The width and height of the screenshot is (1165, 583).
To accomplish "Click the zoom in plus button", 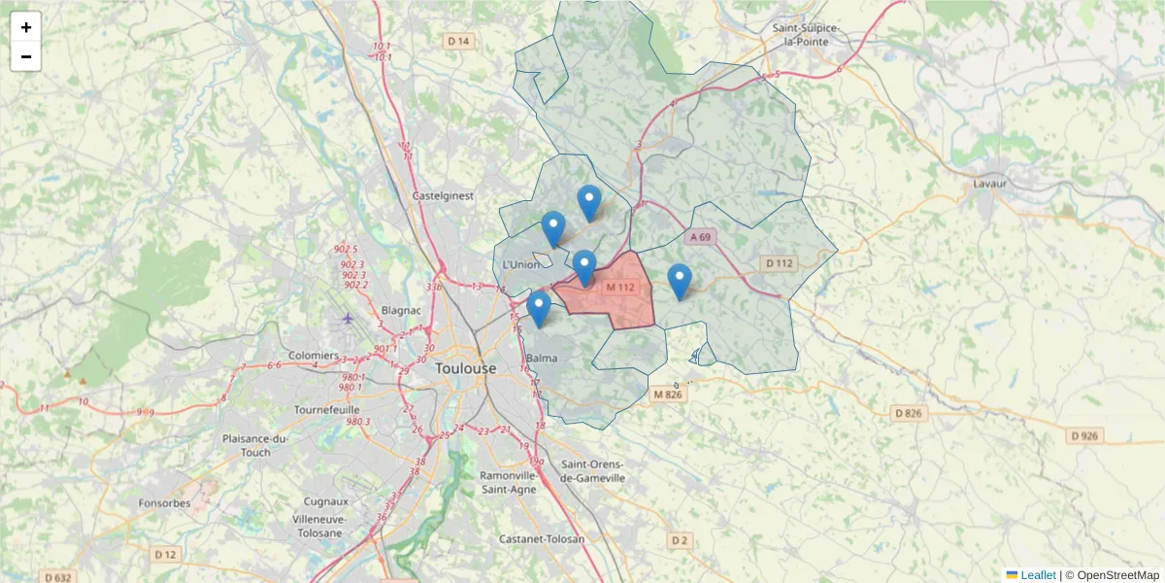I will click(x=26, y=27).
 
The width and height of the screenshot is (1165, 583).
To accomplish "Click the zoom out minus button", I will click(x=26, y=56).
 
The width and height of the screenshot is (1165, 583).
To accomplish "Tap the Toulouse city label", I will click(x=465, y=369).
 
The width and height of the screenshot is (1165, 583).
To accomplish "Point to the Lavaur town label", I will click(x=990, y=183).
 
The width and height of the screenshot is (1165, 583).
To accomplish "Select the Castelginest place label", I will click(x=443, y=195).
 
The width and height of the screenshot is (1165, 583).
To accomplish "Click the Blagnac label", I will click(x=401, y=310).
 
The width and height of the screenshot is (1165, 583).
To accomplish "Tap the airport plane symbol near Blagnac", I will click(x=349, y=318).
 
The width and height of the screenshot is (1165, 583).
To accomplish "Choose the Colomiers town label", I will click(x=314, y=356).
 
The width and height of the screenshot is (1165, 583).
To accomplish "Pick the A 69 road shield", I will click(x=701, y=237).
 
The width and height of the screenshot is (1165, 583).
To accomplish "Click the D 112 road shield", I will click(x=779, y=263).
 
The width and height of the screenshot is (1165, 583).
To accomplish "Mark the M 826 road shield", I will click(x=668, y=394).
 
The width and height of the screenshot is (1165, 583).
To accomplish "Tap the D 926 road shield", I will click(x=1086, y=435).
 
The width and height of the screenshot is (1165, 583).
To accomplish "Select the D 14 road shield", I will click(x=458, y=41).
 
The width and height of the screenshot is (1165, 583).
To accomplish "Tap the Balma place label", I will click(x=541, y=359).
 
